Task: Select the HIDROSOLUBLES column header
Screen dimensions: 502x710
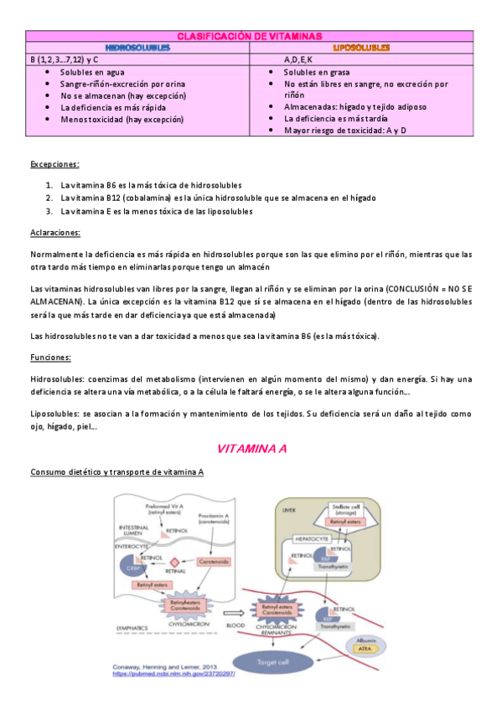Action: pyautogui.click(x=138, y=48)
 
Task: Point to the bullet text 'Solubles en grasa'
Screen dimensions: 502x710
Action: pyautogui.click(x=319, y=73)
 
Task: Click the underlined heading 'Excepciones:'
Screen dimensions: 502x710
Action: pyautogui.click(x=54, y=164)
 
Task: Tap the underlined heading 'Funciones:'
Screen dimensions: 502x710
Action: pyautogui.click(x=50, y=358)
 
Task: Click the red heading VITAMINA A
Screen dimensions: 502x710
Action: pyautogui.click(x=252, y=449)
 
